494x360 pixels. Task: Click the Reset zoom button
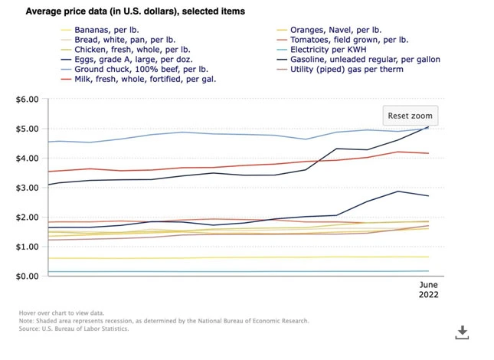410,116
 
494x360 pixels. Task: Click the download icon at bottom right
462,332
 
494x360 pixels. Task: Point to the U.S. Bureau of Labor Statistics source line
74,329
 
